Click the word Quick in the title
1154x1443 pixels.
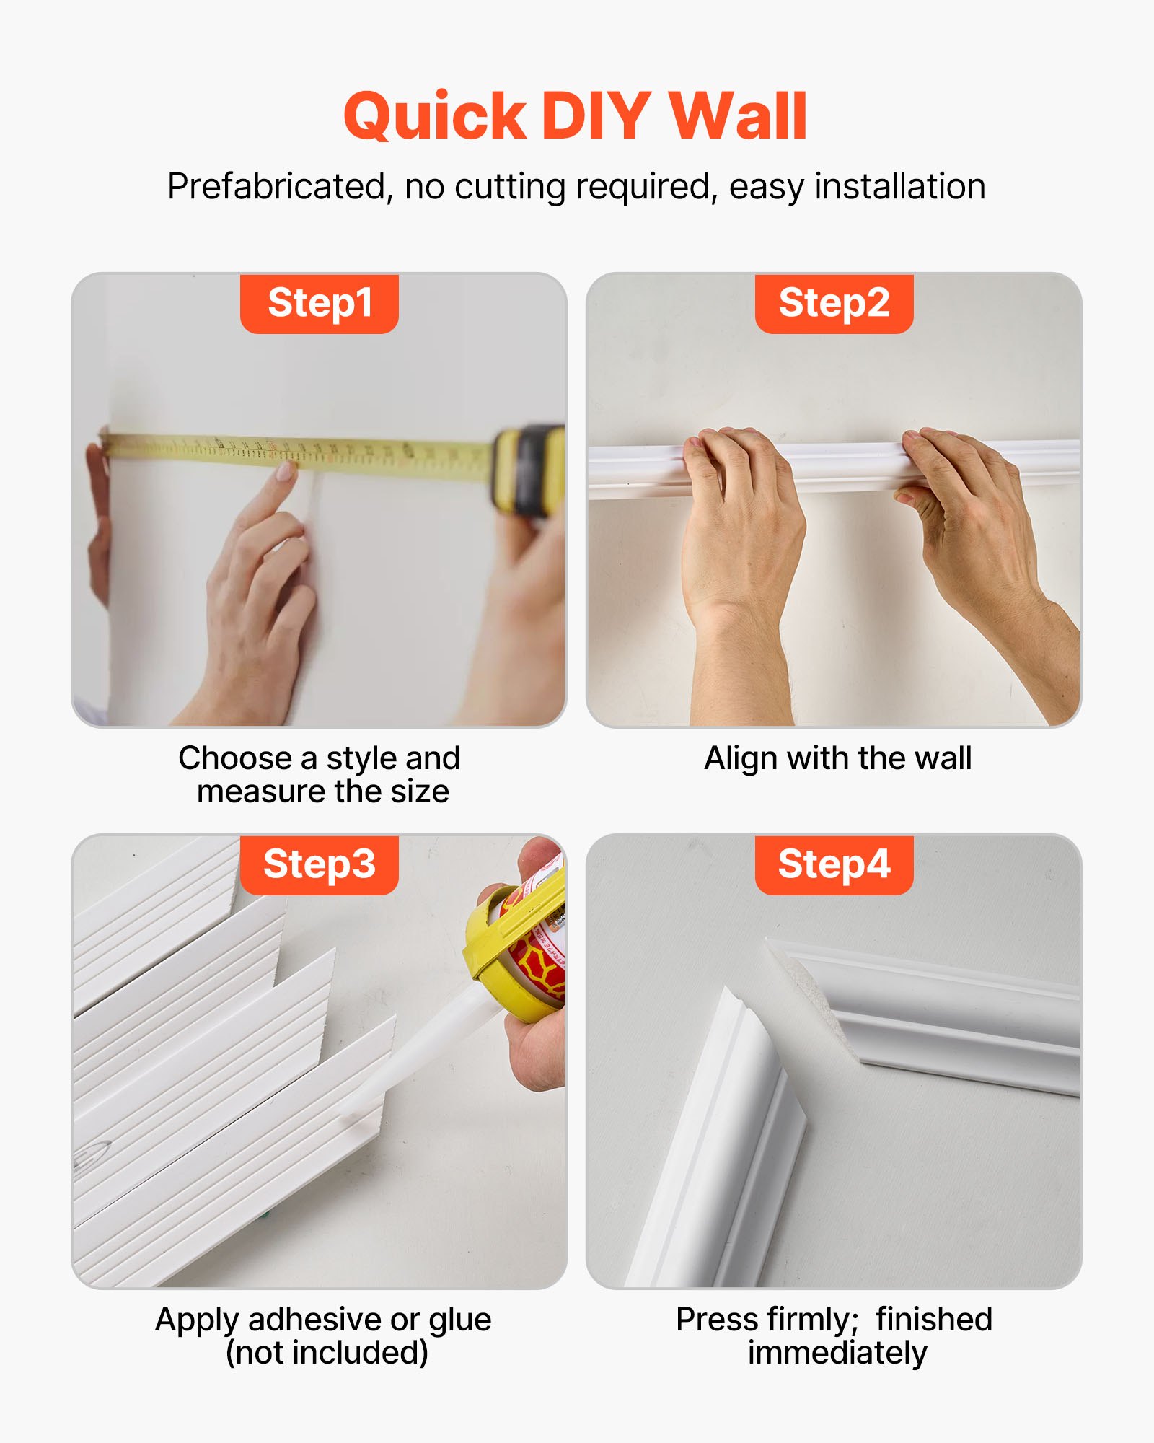[x=435, y=117]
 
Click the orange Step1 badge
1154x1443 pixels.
[x=320, y=303]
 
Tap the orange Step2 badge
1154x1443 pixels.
[x=834, y=303]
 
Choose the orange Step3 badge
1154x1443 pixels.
[x=320, y=864]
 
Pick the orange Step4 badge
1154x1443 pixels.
[x=834, y=864]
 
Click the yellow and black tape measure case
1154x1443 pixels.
[x=529, y=469]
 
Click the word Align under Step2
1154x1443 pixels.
[x=741, y=759]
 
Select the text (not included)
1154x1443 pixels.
[x=327, y=1353]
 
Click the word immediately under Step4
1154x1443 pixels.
[x=837, y=1353]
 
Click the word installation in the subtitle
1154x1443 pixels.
[x=899, y=187]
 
